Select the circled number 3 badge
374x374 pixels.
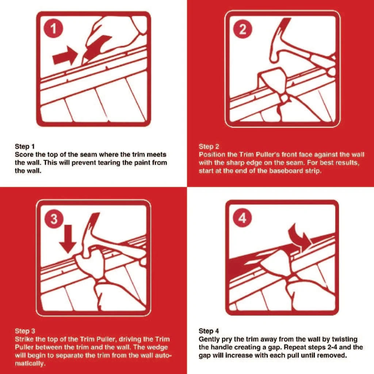tap(53, 219)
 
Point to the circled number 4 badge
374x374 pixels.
tap(243, 219)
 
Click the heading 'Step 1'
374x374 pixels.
tap(24, 146)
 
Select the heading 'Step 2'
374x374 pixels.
tap(209, 147)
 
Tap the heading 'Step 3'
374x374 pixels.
tap(25, 331)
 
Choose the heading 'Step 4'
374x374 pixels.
tap(209, 331)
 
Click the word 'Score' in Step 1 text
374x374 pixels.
tap(23, 154)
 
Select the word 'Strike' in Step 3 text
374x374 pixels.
tap(24, 340)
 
